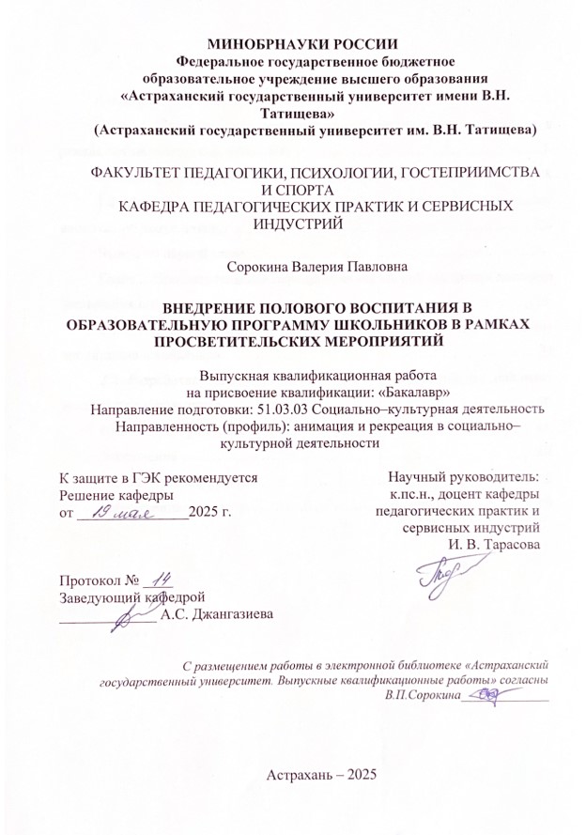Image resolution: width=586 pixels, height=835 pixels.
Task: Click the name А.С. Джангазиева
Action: pyautogui.click(x=216, y=616)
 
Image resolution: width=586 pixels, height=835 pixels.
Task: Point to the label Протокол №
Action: pyautogui.click(x=93, y=580)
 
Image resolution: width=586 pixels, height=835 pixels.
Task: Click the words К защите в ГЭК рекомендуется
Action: pyautogui.click(x=158, y=477)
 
